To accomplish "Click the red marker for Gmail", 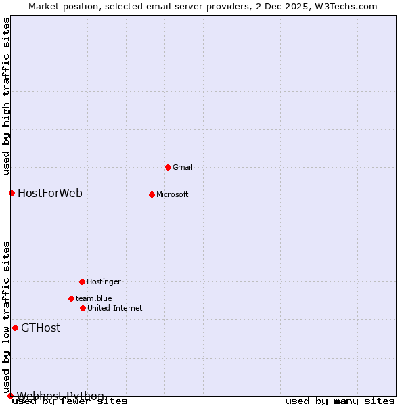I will (x=168, y=167).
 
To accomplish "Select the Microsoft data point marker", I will (x=152, y=194).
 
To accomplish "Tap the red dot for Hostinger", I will (x=82, y=281).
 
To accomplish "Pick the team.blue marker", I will (x=71, y=298).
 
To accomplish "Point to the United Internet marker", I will (x=83, y=308).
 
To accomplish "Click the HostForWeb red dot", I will (x=12, y=193).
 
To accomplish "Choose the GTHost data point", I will (x=15, y=328).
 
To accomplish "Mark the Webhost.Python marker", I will (x=10, y=396).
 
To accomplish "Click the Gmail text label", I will (x=183, y=167).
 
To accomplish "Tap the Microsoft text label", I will (x=173, y=194).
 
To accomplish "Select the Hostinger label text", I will (x=104, y=281).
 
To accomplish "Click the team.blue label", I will (x=94, y=298).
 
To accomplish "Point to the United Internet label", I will (x=115, y=308).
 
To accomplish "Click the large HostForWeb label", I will (x=50, y=193).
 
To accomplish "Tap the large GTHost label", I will (x=41, y=328).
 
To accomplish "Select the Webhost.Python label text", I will (x=60, y=396).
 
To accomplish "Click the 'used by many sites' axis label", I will (x=340, y=401).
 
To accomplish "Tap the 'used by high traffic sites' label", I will (x=7, y=96).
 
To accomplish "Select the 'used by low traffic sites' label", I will (x=7, y=317).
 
